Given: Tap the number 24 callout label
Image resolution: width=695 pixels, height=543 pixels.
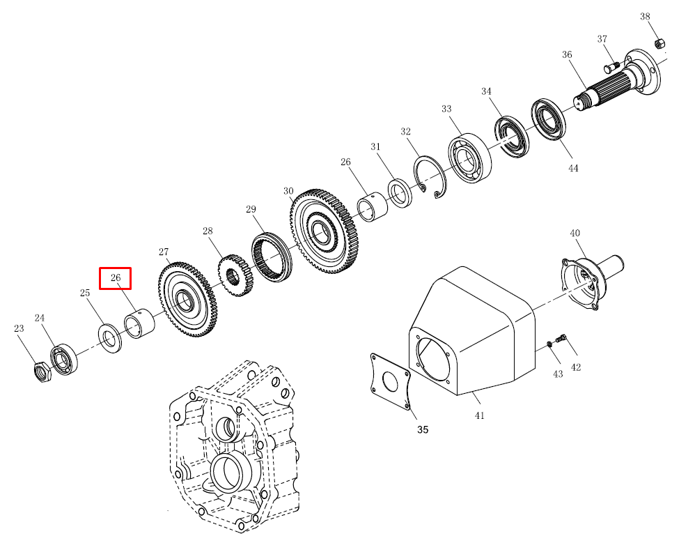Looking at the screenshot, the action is pos(40,318).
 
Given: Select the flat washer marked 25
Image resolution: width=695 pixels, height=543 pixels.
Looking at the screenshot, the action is pos(109,339).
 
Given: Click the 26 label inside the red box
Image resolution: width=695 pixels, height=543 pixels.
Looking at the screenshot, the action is pos(115,277).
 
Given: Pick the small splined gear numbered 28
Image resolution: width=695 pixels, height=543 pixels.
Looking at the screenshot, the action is pos(235,275).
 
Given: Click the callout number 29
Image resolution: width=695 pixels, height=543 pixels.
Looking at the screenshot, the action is pos(251,209).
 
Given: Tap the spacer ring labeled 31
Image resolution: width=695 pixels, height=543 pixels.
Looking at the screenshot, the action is pos(400,193).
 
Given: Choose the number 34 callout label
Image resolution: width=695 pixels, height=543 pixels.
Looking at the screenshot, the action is pos(486,91).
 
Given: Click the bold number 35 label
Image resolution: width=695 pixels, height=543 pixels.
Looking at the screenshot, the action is pos(423,429).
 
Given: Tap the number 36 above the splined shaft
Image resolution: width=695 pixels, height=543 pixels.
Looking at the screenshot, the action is pos(567,54).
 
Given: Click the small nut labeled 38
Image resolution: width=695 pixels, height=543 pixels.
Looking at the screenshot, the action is pos(659,43).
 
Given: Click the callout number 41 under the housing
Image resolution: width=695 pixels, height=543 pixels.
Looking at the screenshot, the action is pos(479,415).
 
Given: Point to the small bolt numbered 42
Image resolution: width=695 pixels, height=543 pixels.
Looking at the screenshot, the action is pos(561,338).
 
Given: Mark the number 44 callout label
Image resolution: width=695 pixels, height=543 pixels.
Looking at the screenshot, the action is pos(573,169).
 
